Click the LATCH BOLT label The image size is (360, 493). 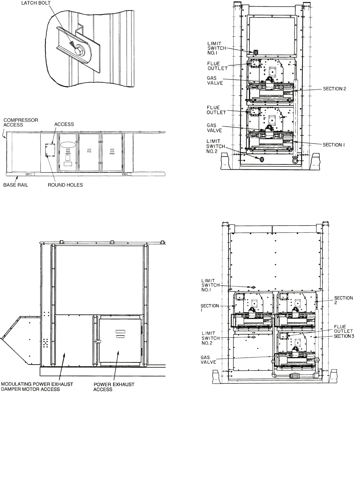tap(36, 3)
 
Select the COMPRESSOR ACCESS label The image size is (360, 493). tap(21, 122)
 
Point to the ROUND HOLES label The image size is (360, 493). tap(65, 185)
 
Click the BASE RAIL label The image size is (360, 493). tap(16, 185)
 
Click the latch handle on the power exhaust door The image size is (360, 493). tap(98, 341)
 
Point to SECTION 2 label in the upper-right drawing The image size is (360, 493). tap(335, 89)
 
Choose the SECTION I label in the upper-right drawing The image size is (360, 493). tap(333, 145)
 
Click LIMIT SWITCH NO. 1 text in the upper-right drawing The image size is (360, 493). tap(217, 48)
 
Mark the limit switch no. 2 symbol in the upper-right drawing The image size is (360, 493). tap(262, 159)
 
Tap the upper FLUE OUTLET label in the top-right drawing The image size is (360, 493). tap(217, 66)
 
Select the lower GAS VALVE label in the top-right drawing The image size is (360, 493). tap(214, 128)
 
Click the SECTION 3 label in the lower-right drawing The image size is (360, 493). tap(344, 336)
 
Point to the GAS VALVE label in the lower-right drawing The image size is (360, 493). tap(208, 360)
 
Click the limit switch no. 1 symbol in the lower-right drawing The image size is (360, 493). tap(253, 287)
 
